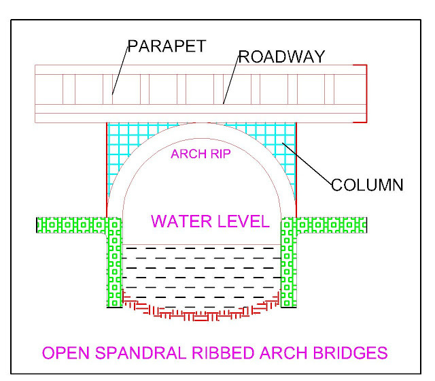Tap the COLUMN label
coord(367,184)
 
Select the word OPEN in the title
coord(65,353)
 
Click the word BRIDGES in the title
coord(351,353)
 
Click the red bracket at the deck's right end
coord(366,94)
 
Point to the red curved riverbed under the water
coord(201,315)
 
